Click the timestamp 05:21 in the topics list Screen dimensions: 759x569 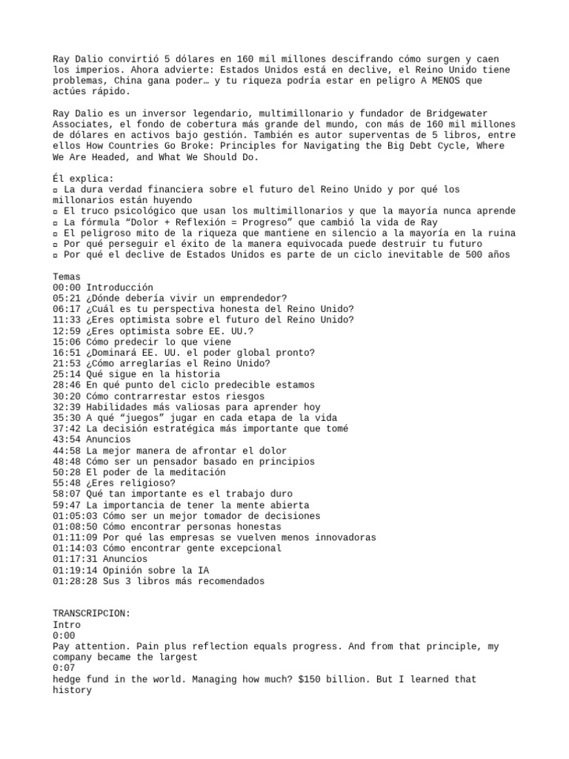pos(67,298)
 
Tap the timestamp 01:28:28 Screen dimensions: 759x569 pos(75,581)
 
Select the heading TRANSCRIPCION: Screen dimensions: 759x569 pos(91,614)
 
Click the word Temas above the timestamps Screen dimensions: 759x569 pos(67,276)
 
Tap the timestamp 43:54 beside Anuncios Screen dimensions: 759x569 pos(67,440)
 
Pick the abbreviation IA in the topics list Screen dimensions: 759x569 pos(203,570)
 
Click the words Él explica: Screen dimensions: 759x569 pos(83,179)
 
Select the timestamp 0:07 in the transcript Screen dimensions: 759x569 pos(64,668)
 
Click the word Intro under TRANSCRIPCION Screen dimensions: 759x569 pos(67,625)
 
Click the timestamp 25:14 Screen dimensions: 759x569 pos(67,374)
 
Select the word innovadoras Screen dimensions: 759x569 pos(343,537)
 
